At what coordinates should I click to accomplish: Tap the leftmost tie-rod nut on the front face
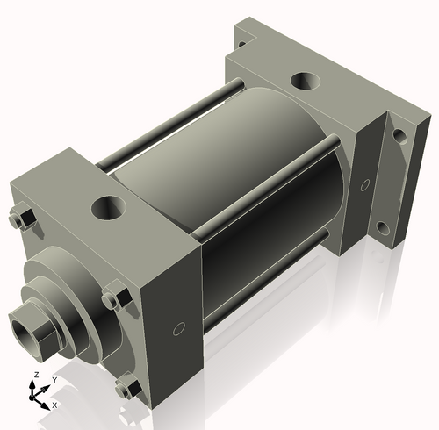coord(22,218)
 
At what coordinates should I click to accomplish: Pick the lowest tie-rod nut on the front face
coord(128,385)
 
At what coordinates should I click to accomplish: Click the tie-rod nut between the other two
coord(112,298)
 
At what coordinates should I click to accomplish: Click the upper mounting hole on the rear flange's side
coord(399,136)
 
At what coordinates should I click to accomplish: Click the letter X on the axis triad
coord(54,405)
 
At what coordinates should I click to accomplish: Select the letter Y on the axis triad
coord(54,379)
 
